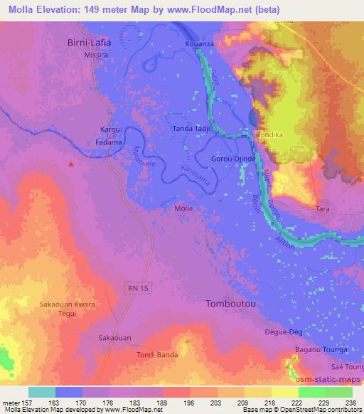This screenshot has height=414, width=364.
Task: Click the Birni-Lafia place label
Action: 90,41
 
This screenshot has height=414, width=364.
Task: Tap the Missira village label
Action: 95,53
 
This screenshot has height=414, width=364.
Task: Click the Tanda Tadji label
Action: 191,129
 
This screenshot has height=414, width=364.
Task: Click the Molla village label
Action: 183,209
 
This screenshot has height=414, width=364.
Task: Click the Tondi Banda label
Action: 156,356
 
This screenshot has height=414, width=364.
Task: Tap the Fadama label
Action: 110,142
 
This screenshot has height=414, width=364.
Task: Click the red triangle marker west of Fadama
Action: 71,164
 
